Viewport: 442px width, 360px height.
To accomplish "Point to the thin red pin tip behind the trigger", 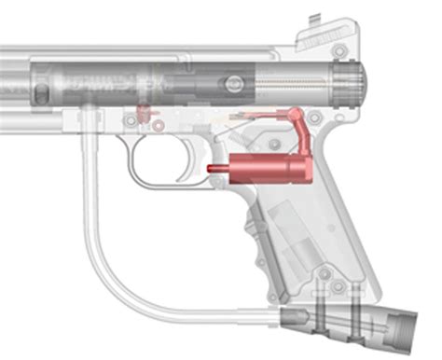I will pyautogui.click(x=211, y=170).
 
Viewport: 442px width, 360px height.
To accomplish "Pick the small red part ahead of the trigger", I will pyautogui.click(x=143, y=113).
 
